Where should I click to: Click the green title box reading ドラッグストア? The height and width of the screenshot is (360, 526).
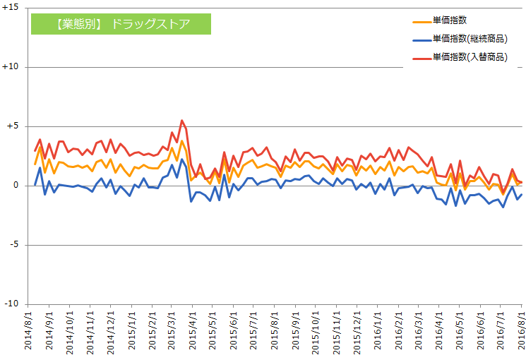pyautogui.click(x=121, y=24)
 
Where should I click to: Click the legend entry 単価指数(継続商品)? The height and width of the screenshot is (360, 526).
pyautogui.click(x=470, y=39)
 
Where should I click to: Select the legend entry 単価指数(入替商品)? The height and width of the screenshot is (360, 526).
pyautogui.click(x=470, y=56)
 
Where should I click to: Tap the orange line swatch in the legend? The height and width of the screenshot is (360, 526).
pyautogui.click(x=421, y=22)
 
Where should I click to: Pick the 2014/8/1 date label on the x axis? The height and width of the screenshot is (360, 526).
pyautogui.click(x=29, y=332)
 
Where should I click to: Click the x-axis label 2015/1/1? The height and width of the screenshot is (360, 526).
pyautogui.click(x=131, y=332)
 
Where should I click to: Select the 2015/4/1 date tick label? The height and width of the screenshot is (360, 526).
pyautogui.click(x=193, y=332)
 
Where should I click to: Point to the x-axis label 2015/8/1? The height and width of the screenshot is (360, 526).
pyautogui.click(x=275, y=332)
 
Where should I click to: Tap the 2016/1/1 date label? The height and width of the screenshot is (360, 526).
pyautogui.click(x=377, y=332)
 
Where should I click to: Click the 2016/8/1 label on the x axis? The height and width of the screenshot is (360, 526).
pyautogui.click(x=520, y=332)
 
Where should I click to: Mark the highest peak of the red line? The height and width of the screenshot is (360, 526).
pyautogui.click(x=182, y=120)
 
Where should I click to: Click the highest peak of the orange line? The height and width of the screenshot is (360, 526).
pyautogui.click(x=182, y=140)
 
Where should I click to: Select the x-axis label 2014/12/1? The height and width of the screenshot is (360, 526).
pyautogui.click(x=111, y=332)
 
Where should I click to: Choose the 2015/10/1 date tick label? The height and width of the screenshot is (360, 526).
pyautogui.click(x=316, y=332)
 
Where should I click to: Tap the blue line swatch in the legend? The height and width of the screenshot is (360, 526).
pyautogui.click(x=421, y=40)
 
